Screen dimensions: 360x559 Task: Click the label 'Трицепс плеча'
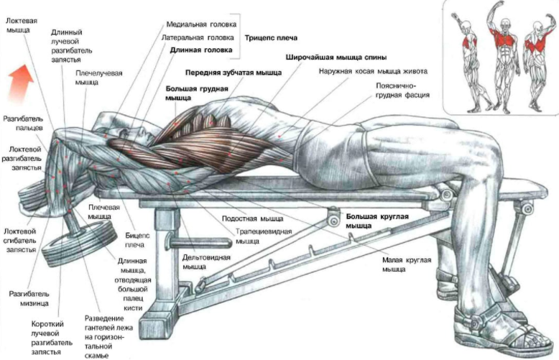pyautogui.click(x=272, y=37)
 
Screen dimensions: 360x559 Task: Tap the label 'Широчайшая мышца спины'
pyautogui.click(x=336, y=56)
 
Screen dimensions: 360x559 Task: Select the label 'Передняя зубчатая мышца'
pyautogui.click(x=226, y=73)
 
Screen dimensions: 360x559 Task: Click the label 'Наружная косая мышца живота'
pyautogui.click(x=374, y=72)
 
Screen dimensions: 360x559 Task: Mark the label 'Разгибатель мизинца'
pyautogui.click(x=29, y=298)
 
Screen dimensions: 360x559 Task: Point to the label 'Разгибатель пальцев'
pyautogui.click(x=24, y=122)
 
